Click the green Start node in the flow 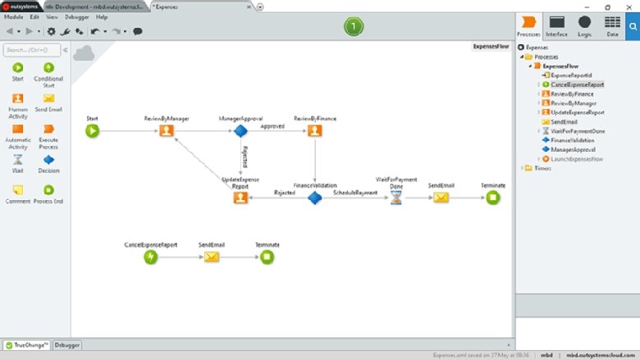pyautogui.click(x=92, y=130)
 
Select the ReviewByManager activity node pyautogui.click(x=167, y=130)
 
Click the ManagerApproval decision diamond pyautogui.click(x=240, y=130)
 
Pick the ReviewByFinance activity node pyautogui.click(x=314, y=130)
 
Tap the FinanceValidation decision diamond pyautogui.click(x=314, y=198)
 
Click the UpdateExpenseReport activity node pyautogui.click(x=240, y=198)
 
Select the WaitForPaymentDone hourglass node pyautogui.click(x=396, y=198)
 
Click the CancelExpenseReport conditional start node pyautogui.click(x=150, y=257)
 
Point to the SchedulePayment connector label pyautogui.click(x=355, y=193)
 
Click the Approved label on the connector pyautogui.click(x=273, y=126)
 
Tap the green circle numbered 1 pyautogui.click(x=353, y=27)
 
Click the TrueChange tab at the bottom pyautogui.click(x=27, y=345)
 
